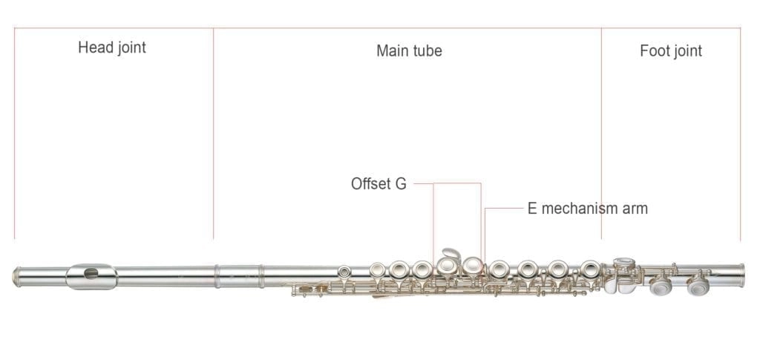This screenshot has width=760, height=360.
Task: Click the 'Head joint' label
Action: [112, 48]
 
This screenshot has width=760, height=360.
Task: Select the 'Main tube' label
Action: [409, 50]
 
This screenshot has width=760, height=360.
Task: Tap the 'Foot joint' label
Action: [670, 50]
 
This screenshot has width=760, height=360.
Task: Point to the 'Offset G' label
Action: [379, 184]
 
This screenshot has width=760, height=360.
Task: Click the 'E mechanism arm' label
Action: [587, 209]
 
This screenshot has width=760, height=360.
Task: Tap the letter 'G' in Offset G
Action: [400, 184]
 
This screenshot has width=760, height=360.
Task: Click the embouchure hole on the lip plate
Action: [91, 274]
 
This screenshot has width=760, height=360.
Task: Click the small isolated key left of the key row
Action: [344, 272]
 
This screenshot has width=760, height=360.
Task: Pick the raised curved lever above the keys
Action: [450, 255]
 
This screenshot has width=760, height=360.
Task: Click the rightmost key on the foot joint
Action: [698, 285]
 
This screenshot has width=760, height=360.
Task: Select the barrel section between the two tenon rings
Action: [239, 275]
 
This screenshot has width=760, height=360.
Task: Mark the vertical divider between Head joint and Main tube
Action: [214, 134]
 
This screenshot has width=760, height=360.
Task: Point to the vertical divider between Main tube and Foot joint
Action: [601, 134]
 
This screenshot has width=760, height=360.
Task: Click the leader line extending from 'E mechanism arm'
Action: [505, 209]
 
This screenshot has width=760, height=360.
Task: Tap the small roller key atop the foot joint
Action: [624, 262]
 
